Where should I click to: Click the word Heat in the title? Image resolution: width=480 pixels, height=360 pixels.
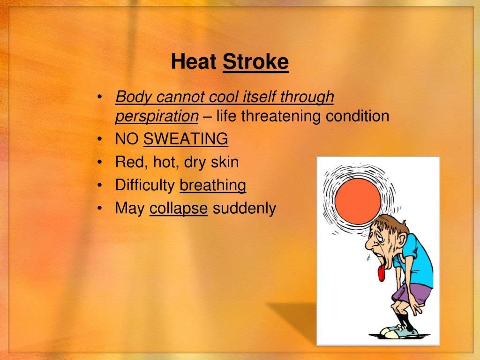(x=194, y=62)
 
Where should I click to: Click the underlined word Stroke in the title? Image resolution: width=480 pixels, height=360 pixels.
(x=255, y=62)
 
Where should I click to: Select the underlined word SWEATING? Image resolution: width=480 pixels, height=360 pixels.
(x=186, y=139)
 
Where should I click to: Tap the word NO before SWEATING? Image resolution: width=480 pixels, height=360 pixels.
(x=127, y=139)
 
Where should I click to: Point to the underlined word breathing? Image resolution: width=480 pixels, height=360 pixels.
(x=213, y=186)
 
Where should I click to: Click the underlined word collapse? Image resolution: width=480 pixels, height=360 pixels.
(x=178, y=209)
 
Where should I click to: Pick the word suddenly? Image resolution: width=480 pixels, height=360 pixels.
(x=244, y=209)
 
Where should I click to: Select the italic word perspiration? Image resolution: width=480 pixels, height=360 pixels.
(x=157, y=116)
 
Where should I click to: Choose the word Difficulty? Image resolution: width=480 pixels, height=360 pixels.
(x=144, y=186)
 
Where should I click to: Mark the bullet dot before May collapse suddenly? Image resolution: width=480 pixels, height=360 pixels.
(x=100, y=209)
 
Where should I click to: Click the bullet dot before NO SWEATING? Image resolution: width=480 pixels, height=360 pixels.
(x=100, y=139)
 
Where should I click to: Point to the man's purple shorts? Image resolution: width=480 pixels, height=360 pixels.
(x=412, y=293)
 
